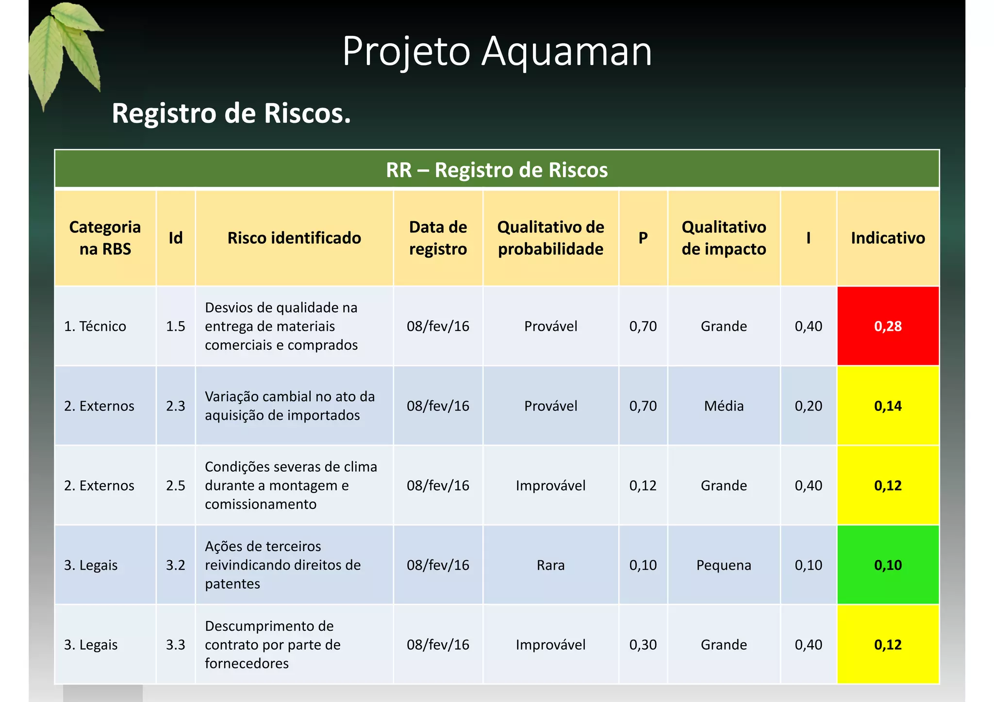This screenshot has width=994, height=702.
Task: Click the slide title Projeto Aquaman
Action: point(497,51)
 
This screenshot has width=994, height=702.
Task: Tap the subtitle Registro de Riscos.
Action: point(231,114)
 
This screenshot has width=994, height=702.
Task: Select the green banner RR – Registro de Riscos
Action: point(497,170)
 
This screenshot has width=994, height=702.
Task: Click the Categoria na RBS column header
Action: point(105,238)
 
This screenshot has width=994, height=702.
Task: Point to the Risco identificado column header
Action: point(294,238)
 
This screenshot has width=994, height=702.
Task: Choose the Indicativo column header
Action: point(888,238)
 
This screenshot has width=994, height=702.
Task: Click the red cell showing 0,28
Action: point(888,326)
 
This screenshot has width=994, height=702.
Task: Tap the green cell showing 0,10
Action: point(888,565)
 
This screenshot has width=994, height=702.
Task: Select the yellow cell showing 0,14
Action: point(888,406)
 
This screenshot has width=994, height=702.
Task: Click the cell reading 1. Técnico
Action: point(95,326)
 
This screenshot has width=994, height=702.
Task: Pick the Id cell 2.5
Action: point(175,485)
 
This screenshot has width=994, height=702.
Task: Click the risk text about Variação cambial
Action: point(290,406)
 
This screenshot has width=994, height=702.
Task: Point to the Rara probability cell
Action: point(550,565)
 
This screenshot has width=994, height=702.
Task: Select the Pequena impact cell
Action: point(724,565)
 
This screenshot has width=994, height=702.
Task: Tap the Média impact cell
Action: point(724,406)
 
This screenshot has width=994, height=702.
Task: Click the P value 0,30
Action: point(643,644)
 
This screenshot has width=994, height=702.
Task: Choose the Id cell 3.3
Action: point(175,644)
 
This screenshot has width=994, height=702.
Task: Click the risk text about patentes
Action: point(282,565)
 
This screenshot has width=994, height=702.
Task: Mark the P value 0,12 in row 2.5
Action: point(643,485)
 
